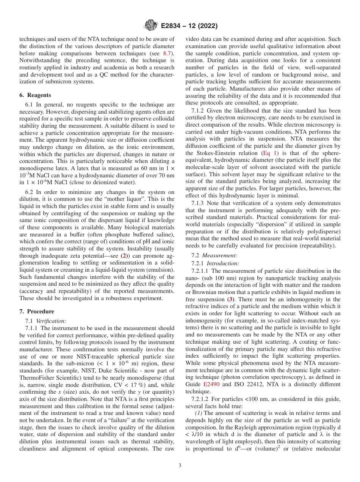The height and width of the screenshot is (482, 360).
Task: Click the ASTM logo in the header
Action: tap(152, 26)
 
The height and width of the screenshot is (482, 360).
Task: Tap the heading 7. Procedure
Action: tap(37, 311)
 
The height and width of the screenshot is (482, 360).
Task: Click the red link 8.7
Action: tap(167, 54)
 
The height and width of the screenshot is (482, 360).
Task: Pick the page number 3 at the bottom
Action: tap(180, 466)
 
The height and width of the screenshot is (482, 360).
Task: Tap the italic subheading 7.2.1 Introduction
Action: tap(215, 263)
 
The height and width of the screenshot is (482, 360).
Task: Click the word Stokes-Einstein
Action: tap(209, 153)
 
